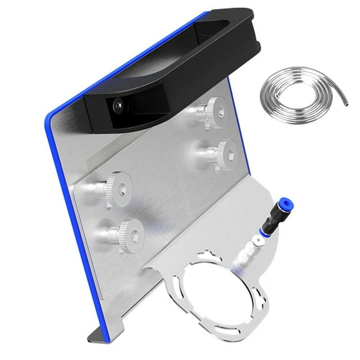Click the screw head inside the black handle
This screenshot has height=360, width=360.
point(117,107)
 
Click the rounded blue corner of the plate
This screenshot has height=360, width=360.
point(51,119)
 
